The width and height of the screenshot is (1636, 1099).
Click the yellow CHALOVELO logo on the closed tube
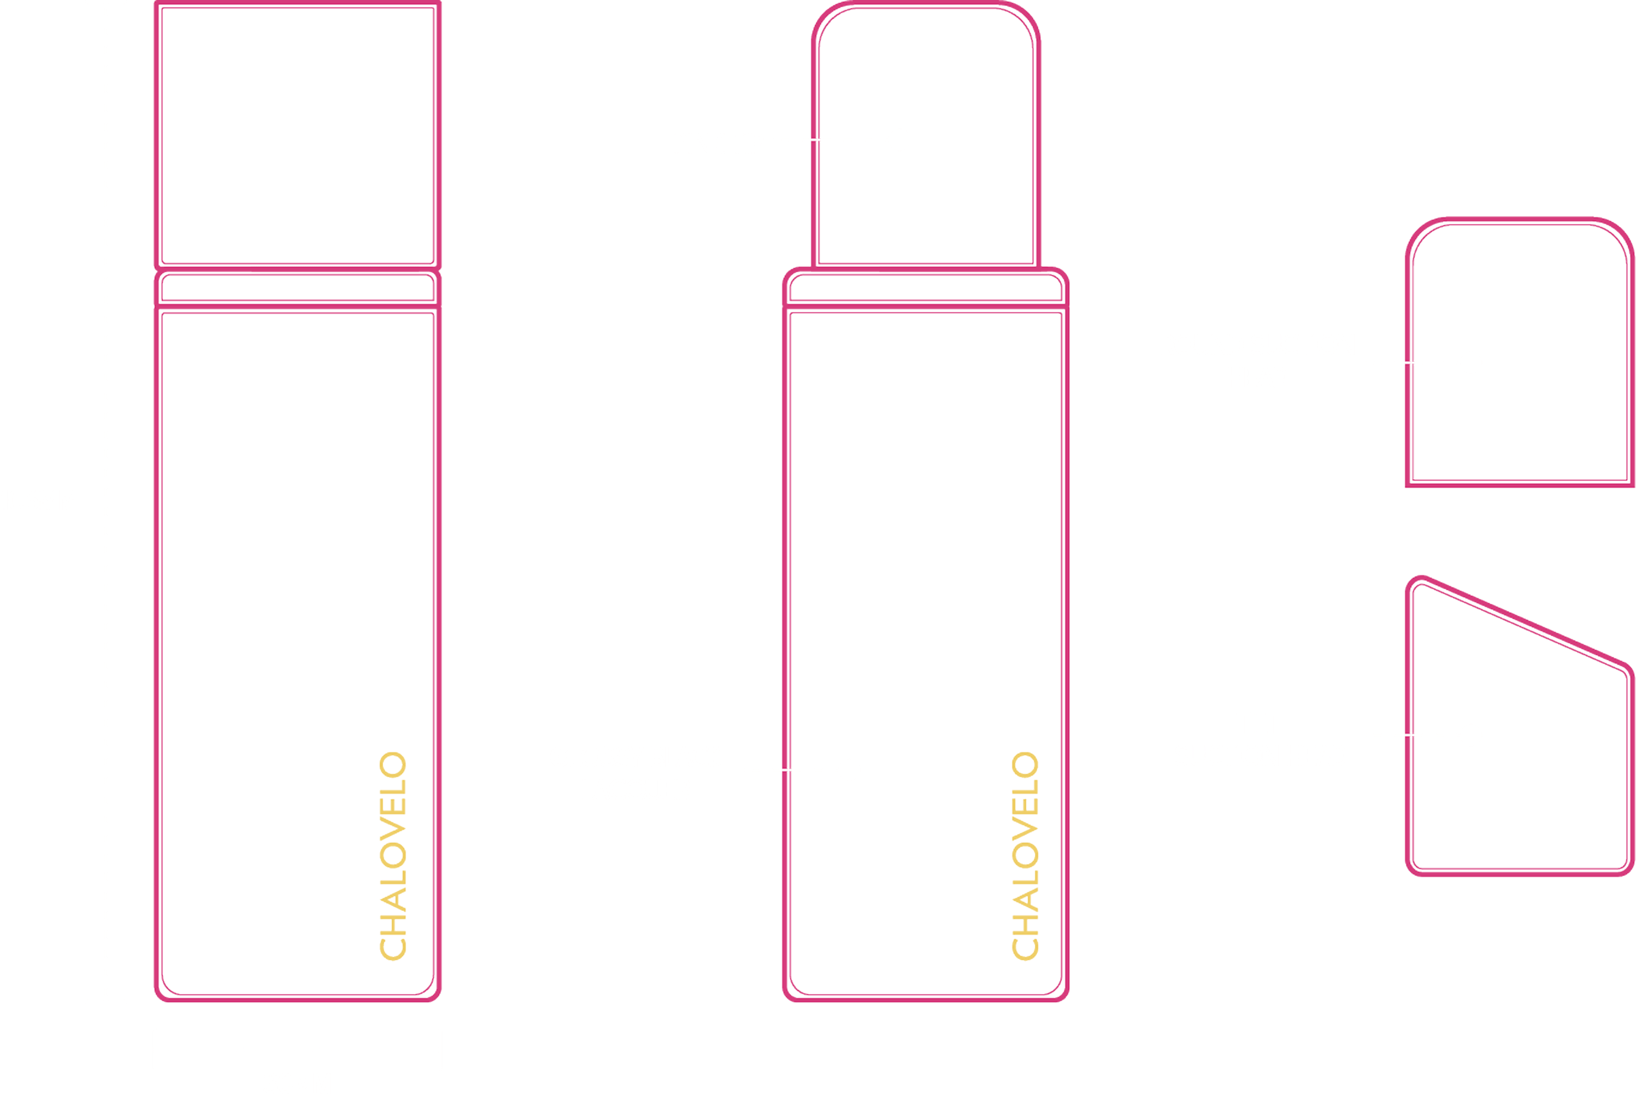point(393,855)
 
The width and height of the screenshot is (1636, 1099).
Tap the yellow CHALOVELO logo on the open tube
point(1025,855)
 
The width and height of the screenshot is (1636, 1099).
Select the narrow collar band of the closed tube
point(297,288)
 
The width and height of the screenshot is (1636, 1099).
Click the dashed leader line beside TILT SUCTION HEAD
point(1412,735)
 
